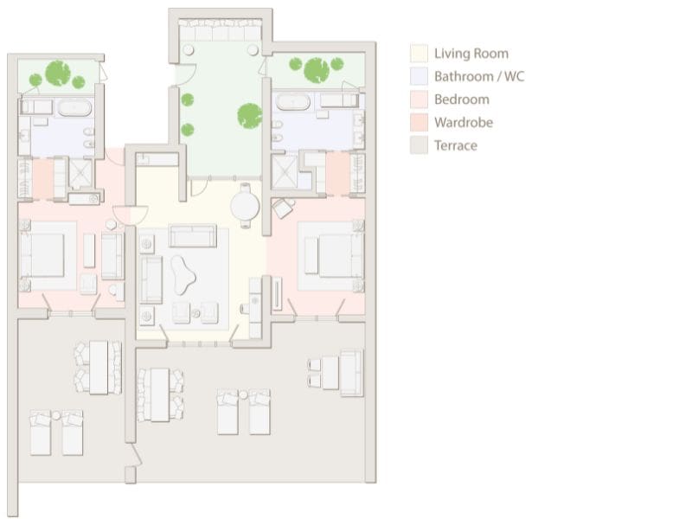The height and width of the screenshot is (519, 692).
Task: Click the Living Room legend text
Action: click(x=471, y=54)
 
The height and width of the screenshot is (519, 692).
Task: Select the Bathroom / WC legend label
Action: click(x=479, y=76)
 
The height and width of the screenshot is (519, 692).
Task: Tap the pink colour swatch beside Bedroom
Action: click(x=420, y=99)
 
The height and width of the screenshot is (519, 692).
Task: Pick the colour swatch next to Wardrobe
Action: click(x=420, y=123)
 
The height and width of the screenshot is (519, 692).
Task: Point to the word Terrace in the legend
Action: click(x=455, y=145)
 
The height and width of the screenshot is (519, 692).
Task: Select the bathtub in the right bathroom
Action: click(x=295, y=101)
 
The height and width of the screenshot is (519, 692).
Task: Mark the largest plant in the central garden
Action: click(x=249, y=113)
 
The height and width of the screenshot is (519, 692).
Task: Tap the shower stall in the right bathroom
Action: click(x=285, y=171)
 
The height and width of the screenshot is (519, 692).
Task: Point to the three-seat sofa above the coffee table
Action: click(x=192, y=235)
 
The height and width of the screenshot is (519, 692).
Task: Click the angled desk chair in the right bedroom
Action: click(x=283, y=208)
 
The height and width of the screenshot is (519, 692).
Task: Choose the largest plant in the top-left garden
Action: click(x=58, y=72)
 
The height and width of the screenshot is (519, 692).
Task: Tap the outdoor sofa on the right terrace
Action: click(x=351, y=372)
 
